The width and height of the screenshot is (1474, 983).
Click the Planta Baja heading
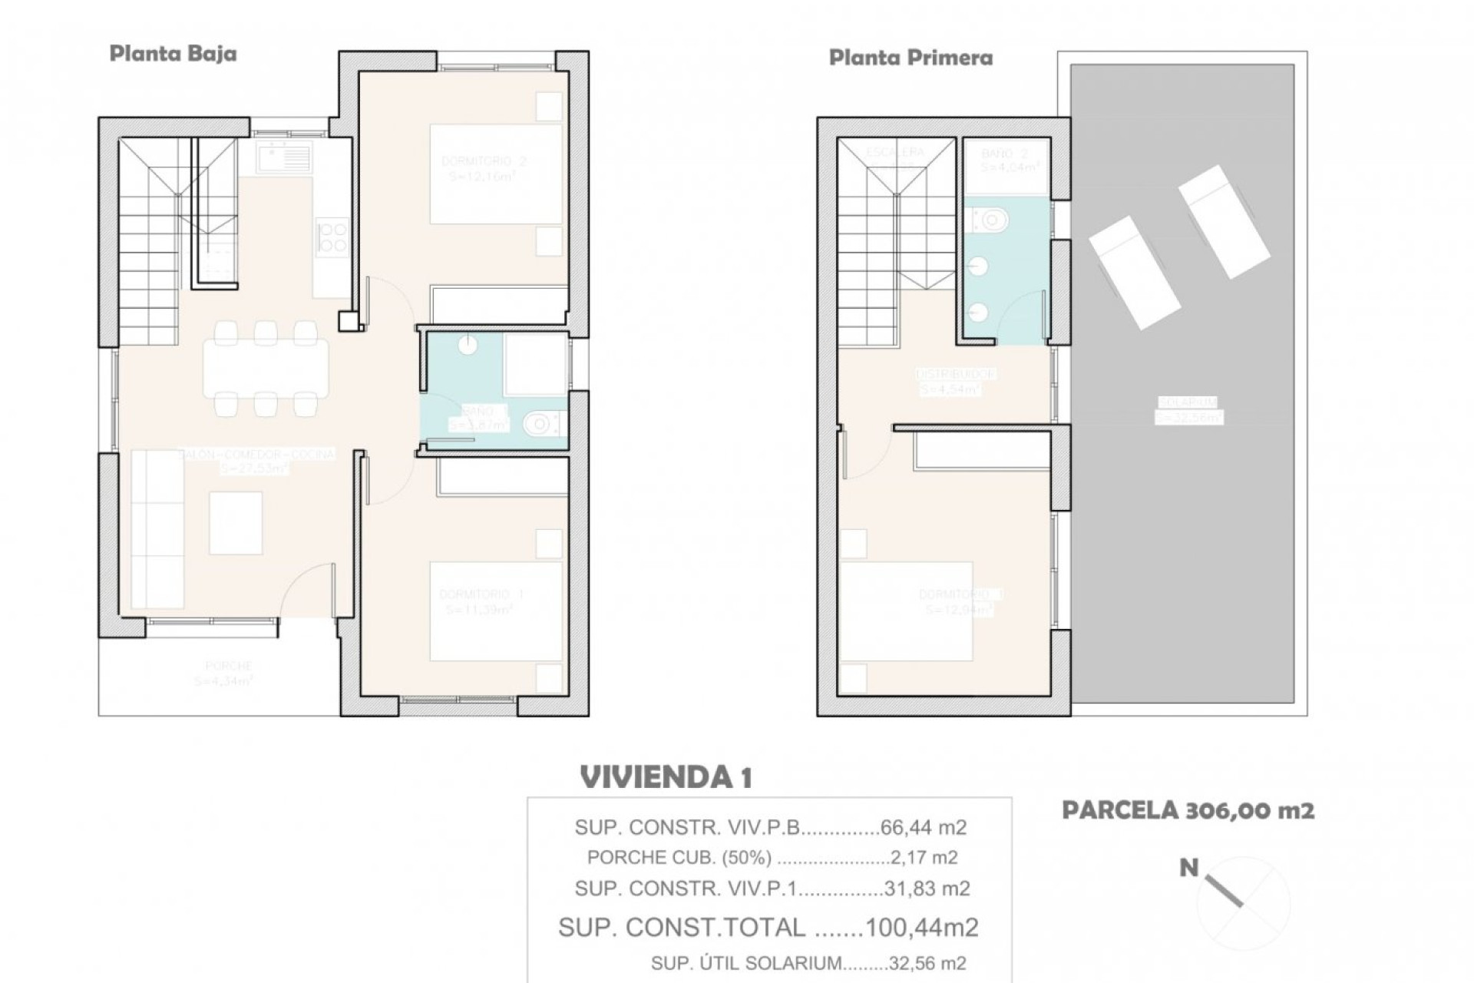(173, 54)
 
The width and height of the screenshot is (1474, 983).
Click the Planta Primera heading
(911, 58)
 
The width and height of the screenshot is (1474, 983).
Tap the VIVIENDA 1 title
(666, 777)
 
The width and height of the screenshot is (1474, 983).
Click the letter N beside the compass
(1188, 868)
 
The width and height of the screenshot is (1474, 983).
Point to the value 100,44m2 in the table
(921, 927)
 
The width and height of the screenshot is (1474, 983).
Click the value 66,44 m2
(924, 828)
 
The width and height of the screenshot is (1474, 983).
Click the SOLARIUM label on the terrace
(1188, 402)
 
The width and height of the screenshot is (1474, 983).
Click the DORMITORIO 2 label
(484, 161)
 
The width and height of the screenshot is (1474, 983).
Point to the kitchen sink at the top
(285, 158)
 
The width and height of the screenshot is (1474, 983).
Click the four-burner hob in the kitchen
(332, 236)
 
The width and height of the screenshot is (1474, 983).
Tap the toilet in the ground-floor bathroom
(543, 422)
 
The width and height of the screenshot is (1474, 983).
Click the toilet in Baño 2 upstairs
(991, 220)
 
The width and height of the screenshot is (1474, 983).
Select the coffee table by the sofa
(236, 523)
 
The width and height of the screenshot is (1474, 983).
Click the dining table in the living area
(266, 369)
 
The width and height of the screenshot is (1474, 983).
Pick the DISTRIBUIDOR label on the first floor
(957, 374)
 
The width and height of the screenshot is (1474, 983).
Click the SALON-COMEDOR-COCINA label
(256, 455)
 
